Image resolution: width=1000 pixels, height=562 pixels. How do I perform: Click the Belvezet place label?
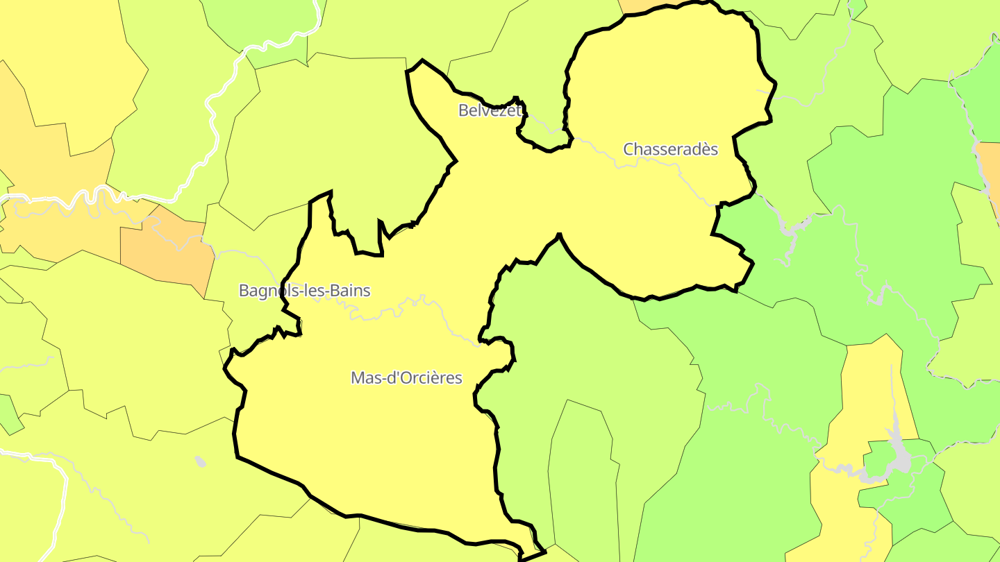[489, 110]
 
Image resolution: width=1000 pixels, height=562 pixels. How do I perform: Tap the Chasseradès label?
[670, 149]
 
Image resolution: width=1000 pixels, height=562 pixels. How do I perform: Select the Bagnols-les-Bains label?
[304, 291]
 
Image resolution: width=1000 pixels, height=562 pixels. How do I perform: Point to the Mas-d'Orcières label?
[406, 378]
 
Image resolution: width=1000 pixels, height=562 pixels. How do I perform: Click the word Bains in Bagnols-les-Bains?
[350, 291]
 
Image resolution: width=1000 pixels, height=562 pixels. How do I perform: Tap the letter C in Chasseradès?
[628, 149]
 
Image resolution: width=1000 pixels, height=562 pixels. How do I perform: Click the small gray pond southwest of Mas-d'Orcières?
[201, 461]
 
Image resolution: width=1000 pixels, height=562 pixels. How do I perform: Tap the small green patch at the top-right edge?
[858, 8]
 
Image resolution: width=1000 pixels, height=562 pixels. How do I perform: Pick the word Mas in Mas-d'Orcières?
[365, 378]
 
